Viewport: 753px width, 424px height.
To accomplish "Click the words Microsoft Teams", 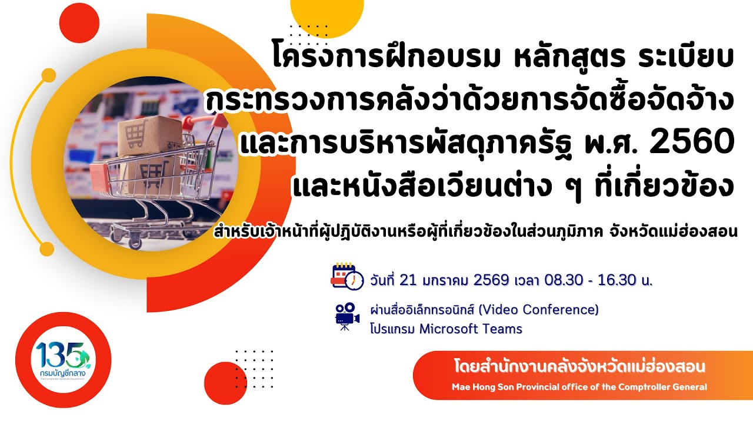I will coord(471,329).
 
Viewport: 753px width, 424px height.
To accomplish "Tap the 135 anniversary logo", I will coord(63,360).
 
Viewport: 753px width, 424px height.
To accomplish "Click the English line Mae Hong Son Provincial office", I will coord(579,387).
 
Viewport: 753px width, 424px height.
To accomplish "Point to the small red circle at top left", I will coord(79,22).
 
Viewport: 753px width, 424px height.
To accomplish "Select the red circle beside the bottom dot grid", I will coord(224,382).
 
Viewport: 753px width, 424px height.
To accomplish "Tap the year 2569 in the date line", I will coord(484,280).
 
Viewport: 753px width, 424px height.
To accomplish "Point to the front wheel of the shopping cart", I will coord(135,241).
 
